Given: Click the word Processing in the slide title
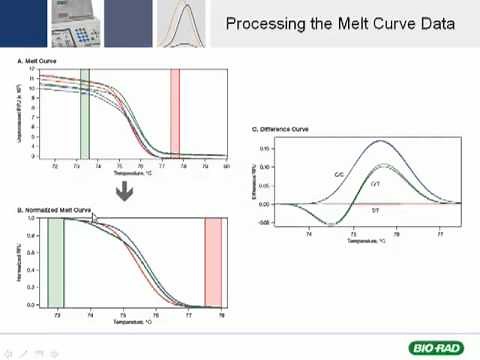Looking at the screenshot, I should point(262,23).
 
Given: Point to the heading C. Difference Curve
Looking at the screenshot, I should point(281,129).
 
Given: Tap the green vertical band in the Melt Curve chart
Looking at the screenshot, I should point(85,112).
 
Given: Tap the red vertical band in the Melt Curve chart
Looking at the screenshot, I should point(175,112).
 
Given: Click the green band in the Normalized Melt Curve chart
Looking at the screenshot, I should point(56,260).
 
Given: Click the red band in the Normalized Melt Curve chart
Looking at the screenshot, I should point(212,260).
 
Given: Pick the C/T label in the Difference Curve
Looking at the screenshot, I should point(376,185).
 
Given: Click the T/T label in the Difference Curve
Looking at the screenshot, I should point(376,210).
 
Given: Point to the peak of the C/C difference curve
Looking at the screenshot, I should point(379,141).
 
